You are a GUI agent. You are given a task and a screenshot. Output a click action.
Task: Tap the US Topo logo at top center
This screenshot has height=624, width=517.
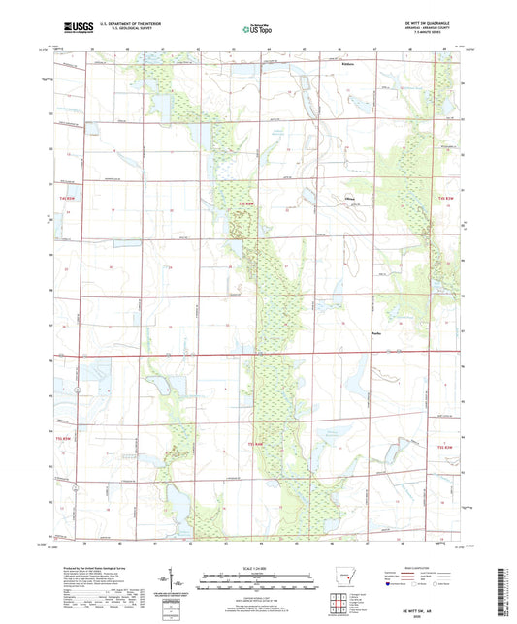[257, 30]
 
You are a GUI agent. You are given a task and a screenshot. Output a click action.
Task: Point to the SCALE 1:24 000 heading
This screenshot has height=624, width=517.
[257, 567]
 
